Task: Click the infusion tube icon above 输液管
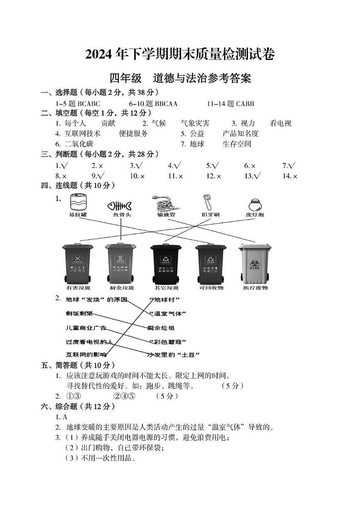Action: pos(166,203)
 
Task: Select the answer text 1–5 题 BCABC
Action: pos(80,103)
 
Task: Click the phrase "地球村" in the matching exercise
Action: pos(164,299)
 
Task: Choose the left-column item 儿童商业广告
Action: pos(86,328)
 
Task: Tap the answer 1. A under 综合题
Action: pos(62,417)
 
